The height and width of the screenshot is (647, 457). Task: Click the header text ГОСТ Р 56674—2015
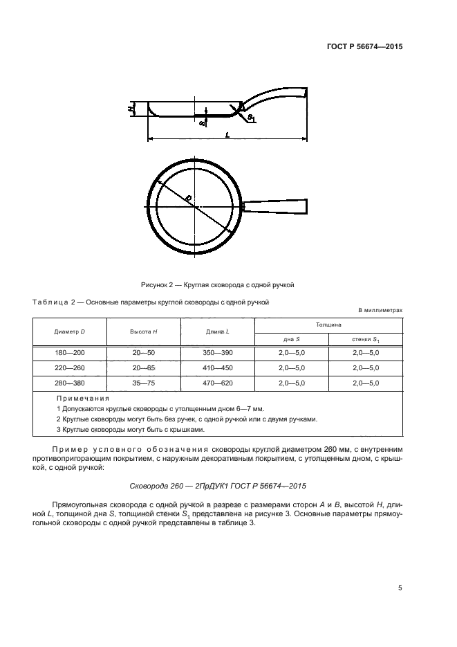364,47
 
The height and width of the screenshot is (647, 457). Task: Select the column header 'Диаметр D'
69,332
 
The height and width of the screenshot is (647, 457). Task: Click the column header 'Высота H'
144,332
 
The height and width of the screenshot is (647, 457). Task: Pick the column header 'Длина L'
218,332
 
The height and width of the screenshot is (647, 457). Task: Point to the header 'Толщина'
328,324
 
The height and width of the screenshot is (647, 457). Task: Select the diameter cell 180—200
69,353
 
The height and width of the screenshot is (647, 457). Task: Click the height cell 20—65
144,368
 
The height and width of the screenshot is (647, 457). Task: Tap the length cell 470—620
218,383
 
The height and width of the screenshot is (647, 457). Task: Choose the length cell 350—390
218,353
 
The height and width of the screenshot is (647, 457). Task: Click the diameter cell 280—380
69,383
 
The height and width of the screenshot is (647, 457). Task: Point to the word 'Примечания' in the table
83,399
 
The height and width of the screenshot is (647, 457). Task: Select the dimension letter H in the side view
131,109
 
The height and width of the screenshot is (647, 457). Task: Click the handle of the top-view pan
274,207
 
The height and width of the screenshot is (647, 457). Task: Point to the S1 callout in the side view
251,120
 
